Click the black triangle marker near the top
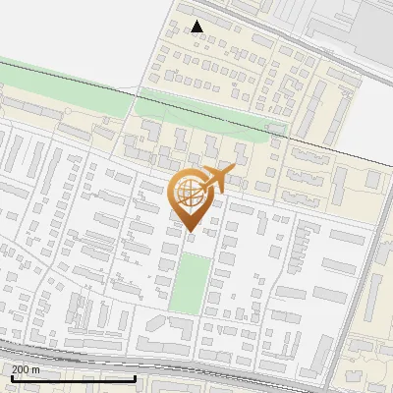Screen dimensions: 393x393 tap(197, 27)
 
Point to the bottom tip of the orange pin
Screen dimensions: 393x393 tap(190, 233)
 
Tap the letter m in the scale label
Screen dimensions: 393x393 tap(37, 369)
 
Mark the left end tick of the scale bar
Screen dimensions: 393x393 tap(11, 376)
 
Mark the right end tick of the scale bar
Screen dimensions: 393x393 tap(135, 376)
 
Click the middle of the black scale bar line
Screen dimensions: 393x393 tap(73, 378)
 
